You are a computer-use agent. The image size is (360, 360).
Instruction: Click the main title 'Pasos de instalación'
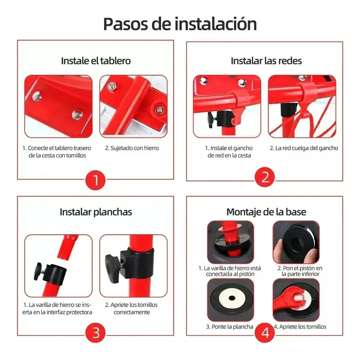click(x=180, y=24)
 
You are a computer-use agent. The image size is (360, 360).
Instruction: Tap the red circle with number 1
click(x=96, y=180)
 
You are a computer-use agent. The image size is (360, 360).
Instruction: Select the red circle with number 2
click(x=265, y=177)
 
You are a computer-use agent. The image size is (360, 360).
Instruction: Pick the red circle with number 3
click(x=96, y=333)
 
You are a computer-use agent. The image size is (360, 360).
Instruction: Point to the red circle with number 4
click(x=265, y=333)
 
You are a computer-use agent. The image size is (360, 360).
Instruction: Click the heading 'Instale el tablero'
click(x=96, y=61)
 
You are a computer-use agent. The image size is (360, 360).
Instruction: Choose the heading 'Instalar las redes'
click(x=266, y=61)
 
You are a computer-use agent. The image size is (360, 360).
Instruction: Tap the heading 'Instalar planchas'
click(x=96, y=212)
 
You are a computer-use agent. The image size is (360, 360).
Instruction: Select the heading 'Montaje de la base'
click(x=266, y=212)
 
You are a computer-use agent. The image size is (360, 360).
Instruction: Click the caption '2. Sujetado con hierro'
click(x=132, y=148)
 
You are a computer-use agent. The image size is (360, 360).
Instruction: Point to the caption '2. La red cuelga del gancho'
click(x=304, y=148)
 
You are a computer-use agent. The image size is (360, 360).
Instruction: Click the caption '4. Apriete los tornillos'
click(x=300, y=327)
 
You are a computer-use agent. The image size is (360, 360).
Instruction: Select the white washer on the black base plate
click(x=231, y=298)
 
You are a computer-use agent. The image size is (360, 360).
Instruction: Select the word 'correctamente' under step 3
click(x=132, y=312)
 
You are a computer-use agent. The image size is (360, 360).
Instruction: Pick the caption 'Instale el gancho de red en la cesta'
click(x=229, y=152)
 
